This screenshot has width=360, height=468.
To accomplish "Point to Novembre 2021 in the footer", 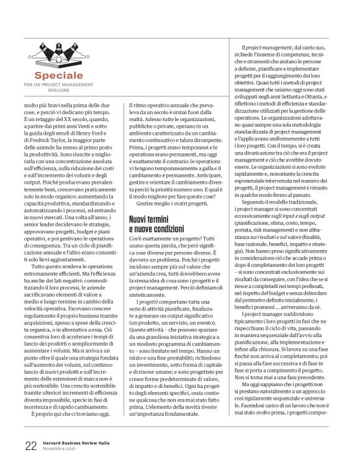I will [x=63, y=448].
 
